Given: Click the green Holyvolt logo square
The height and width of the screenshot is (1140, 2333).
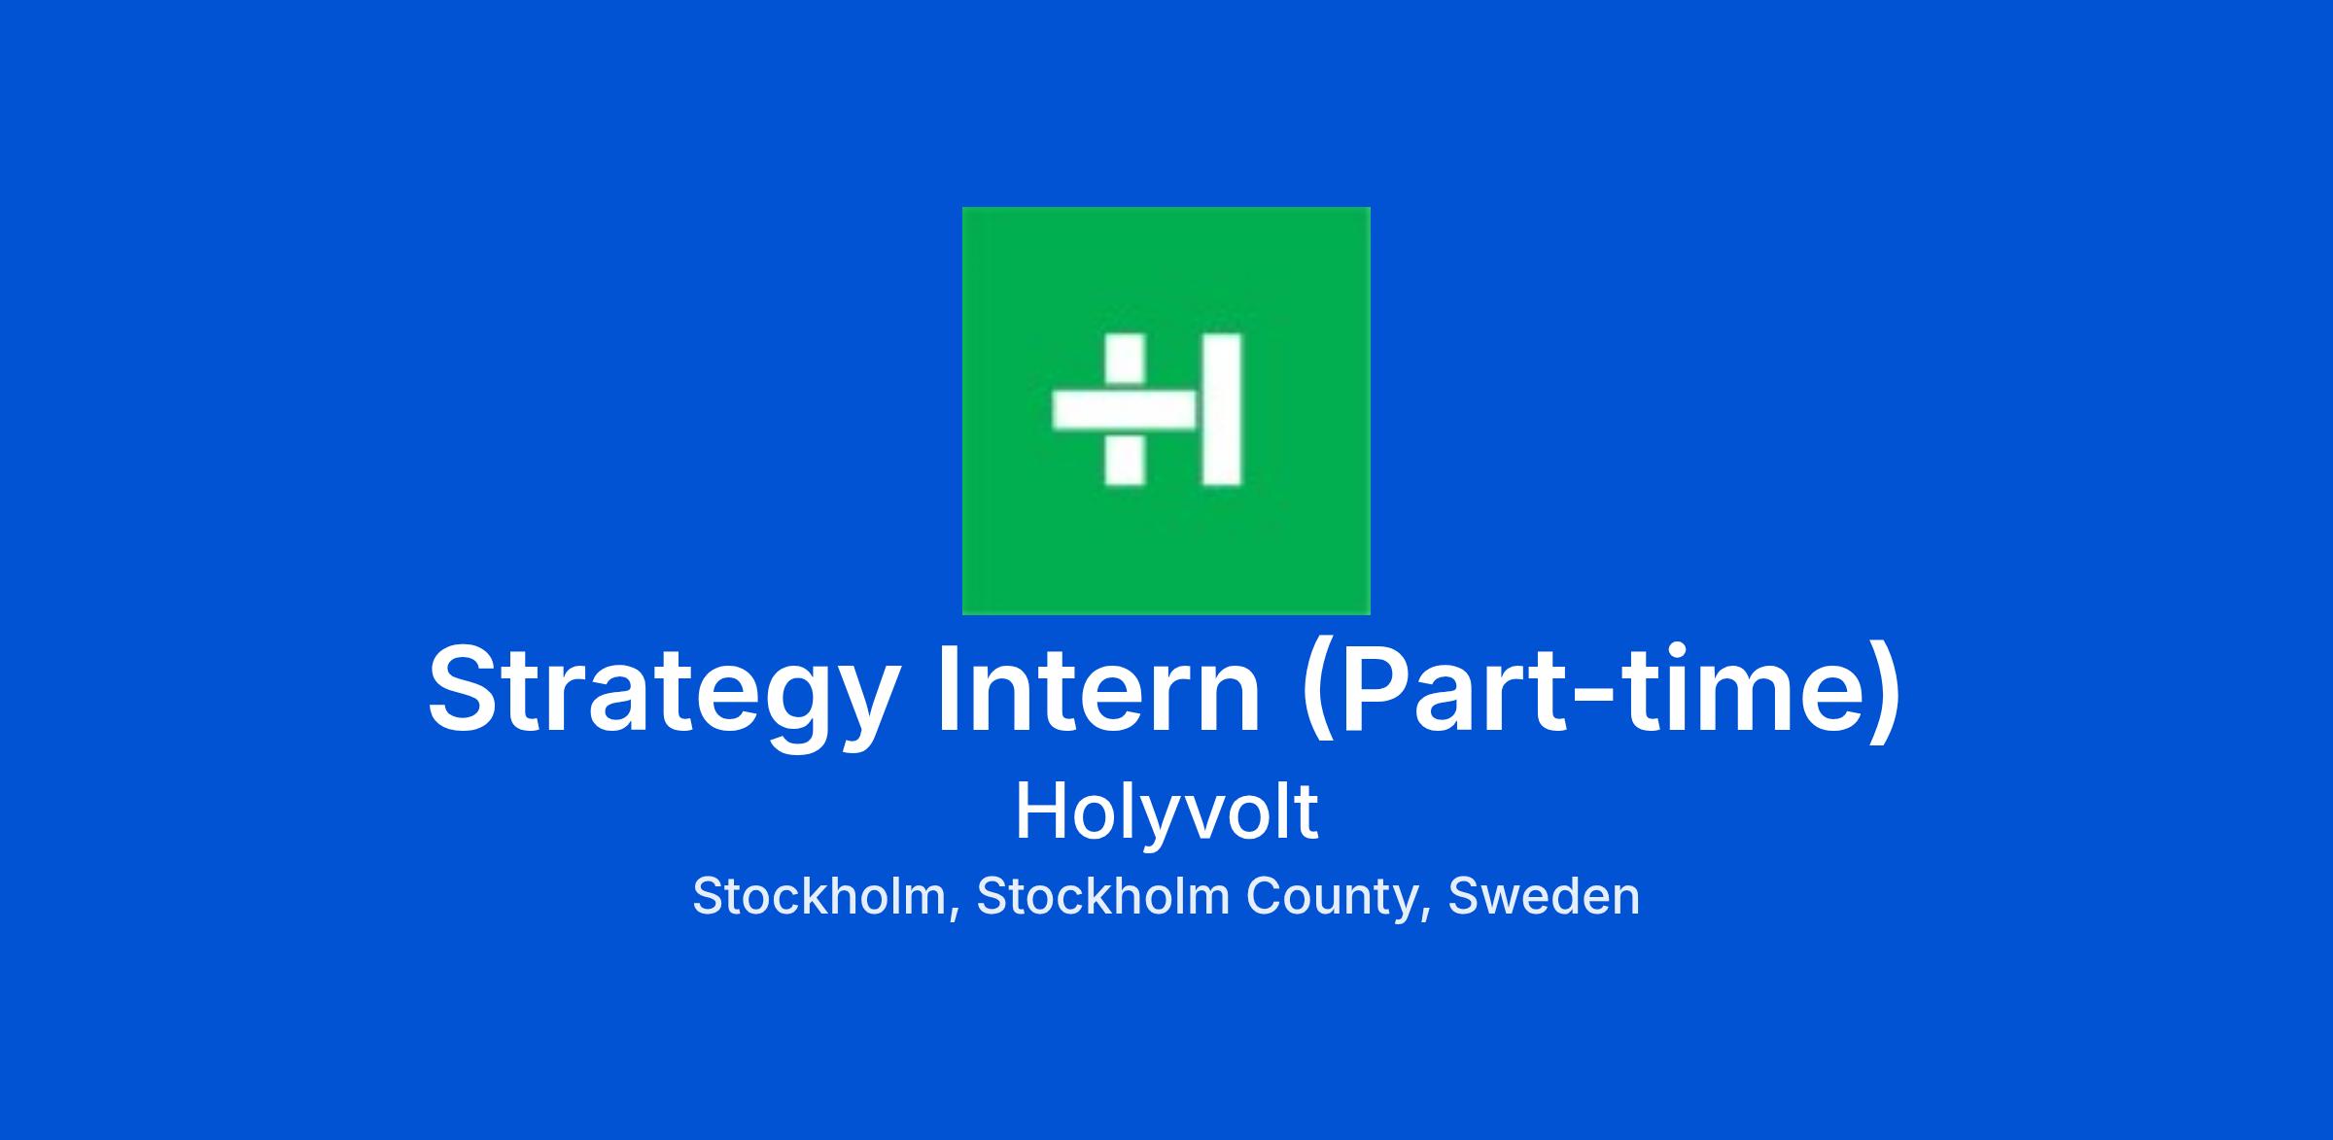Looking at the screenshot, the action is click(1166, 410).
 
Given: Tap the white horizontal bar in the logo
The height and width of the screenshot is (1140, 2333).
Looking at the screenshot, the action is click(1125, 409).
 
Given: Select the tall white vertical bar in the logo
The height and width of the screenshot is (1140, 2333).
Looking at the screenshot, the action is click(1222, 409).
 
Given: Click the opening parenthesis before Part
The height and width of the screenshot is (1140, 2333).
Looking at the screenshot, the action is click(1318, 692).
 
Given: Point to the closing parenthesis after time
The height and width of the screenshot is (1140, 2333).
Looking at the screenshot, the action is click(1884, 692).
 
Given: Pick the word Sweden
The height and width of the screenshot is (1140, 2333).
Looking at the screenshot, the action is click(1544, 896).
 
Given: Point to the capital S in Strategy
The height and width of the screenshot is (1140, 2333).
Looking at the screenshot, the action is click(463, 687).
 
